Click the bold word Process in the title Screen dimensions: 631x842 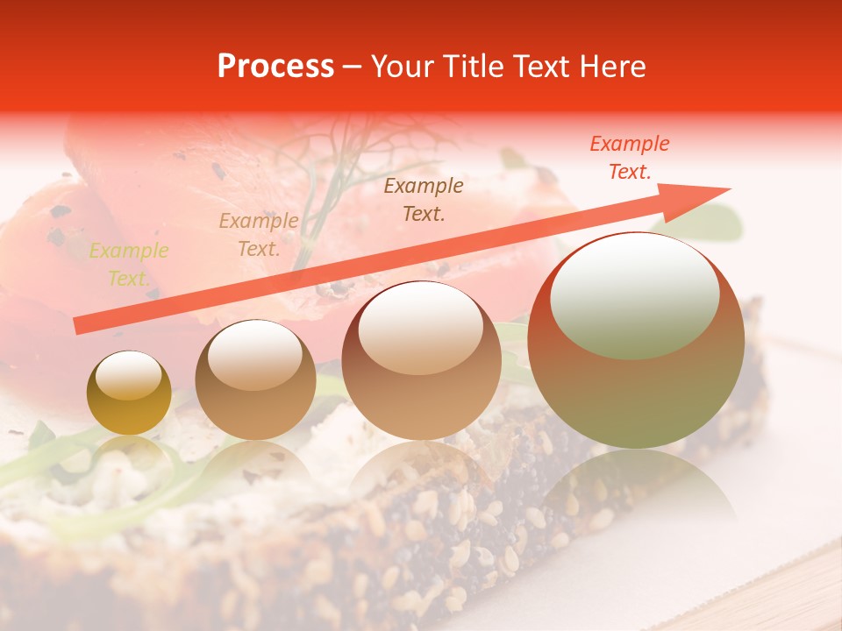(x=275, y=67)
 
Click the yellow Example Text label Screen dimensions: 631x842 (x=128, y=265)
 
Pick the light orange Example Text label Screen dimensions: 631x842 (x=258, y=235)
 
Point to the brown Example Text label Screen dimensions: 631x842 (x=424, y=199)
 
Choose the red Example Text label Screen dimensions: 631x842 (x=629, y=158)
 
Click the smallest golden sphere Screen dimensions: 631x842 (x=129, y=393)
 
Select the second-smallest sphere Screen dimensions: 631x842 (x=255, y=379)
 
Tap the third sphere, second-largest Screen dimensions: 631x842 (x=421, y=360)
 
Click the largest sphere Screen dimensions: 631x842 (x=635, y=340)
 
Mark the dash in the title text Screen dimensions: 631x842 (x=352, y=67)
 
